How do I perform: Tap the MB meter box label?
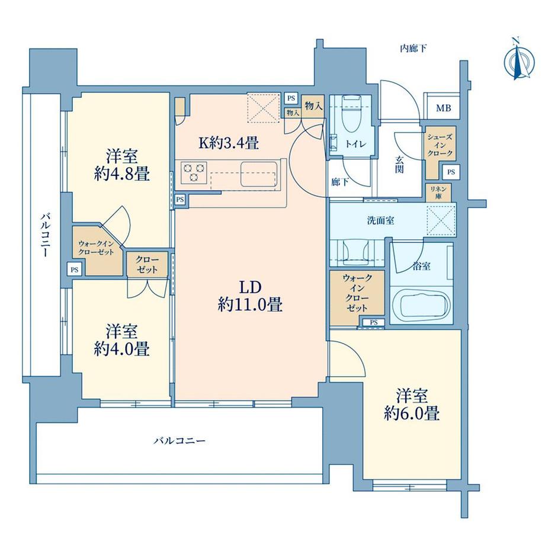(x=444, y=108)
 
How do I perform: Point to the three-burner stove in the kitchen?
(x=194, y=172)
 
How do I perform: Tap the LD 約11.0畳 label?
(x=250, y=296)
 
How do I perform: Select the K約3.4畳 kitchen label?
(x=229, y=143)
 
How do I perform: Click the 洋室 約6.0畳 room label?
(x=412, y=405)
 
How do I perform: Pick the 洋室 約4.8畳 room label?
(x=122, y=165)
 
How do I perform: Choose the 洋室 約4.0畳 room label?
(x=122, y=340)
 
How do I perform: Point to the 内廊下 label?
(x=413, y=49)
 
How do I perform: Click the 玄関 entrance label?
(x=399, y=165)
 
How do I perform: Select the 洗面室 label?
(x=380, y=220)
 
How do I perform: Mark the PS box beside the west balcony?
(x=75, y=270)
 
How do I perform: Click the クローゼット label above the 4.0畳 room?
(x=147, y=265)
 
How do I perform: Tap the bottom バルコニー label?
(x=179, y=441)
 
